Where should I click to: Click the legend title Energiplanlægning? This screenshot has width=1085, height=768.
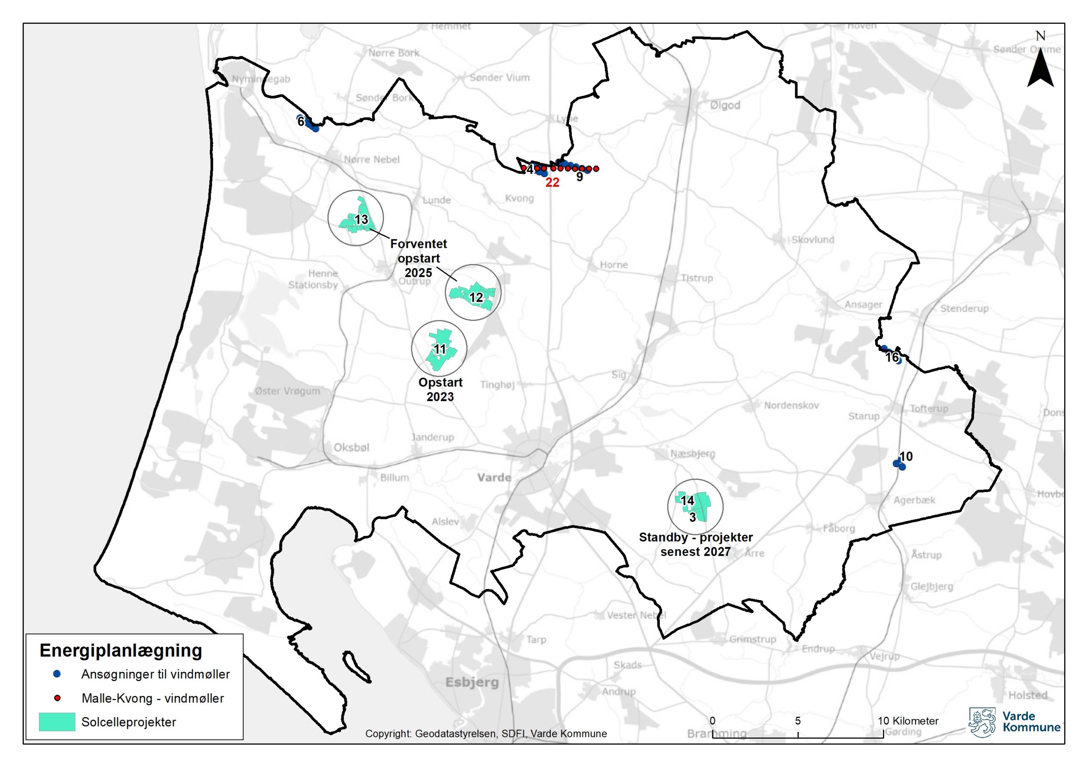point(121,650)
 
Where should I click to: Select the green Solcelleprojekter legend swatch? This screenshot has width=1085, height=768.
point(57,722)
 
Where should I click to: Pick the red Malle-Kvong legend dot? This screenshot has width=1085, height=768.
point(57,698)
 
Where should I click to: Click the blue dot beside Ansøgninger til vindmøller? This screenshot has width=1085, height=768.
point(57,673)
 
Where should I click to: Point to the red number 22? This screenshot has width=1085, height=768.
point(552,183)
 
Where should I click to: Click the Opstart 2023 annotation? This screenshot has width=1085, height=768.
point(440,389)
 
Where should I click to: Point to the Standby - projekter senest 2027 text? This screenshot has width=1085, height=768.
point(696,544)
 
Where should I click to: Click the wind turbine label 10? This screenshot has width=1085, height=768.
point(905,456)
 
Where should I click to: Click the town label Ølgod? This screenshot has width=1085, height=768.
point(725,106)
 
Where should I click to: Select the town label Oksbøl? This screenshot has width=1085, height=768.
point(351,448)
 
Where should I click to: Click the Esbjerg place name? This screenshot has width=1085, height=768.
point(472,682)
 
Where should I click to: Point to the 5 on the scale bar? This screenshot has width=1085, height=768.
point(798,721)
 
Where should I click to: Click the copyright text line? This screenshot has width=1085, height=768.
point(486,734)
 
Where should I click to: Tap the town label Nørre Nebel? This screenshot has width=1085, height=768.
point(372,159)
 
